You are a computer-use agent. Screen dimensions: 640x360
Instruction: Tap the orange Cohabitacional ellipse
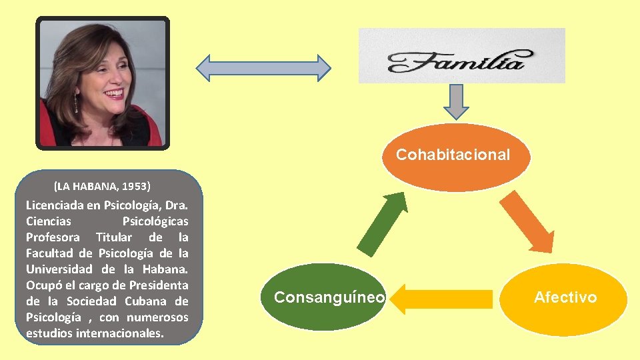(453, 156)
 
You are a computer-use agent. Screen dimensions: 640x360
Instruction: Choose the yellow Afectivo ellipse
(565, 298)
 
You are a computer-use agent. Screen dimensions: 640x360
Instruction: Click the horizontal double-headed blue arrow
(263, 67)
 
